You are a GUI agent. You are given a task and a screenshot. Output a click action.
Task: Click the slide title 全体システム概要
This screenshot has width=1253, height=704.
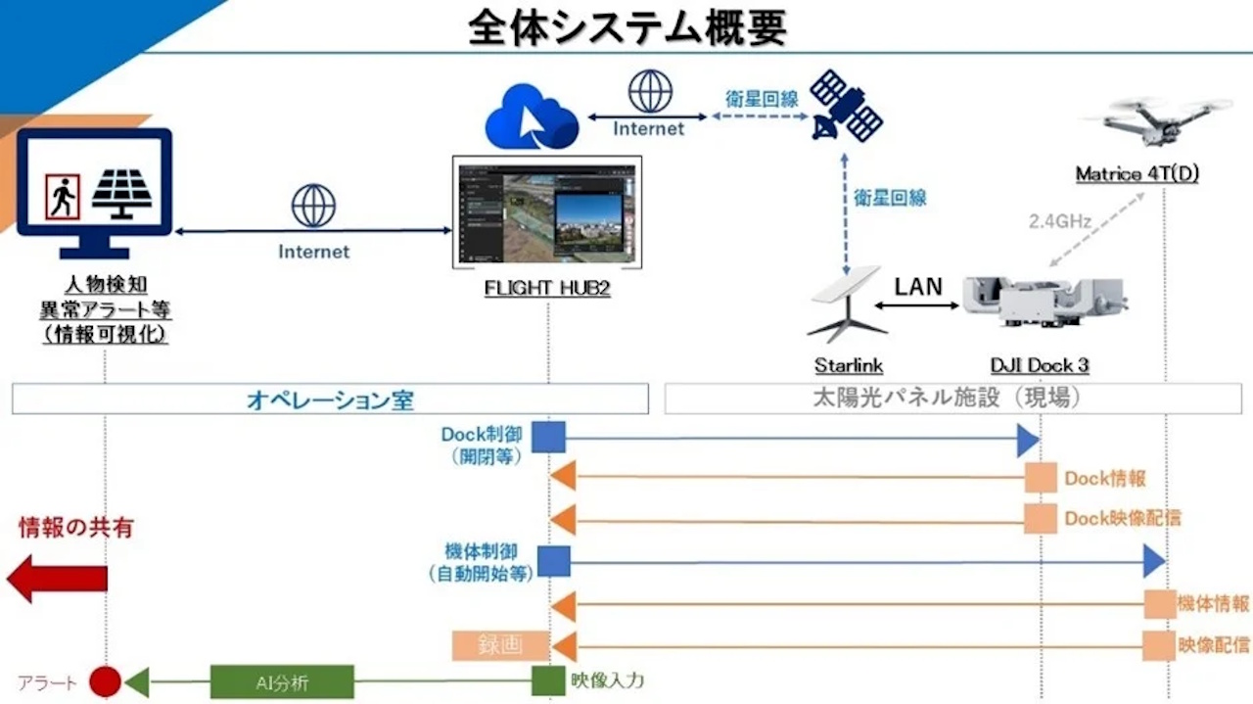[x=626, y=28]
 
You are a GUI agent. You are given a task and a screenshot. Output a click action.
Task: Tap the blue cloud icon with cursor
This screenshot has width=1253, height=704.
[x=532, y=116]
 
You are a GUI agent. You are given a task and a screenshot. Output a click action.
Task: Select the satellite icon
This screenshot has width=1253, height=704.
[x=846, y=106]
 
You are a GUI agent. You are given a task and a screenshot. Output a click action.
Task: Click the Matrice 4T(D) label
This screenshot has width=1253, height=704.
[x=1137, y=174]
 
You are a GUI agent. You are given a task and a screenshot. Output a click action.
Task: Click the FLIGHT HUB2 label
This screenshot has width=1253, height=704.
[x=547, y=290]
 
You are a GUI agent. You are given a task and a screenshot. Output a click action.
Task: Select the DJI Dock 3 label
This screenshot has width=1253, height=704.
[x=1039, y=365]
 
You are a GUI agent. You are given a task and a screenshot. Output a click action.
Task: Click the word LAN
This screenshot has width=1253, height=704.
[x=917, y=286]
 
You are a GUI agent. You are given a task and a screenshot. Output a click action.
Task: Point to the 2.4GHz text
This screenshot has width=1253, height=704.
[x=1059, y=221]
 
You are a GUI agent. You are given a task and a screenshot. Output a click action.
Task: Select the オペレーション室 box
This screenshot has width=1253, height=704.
[x=330, y=399]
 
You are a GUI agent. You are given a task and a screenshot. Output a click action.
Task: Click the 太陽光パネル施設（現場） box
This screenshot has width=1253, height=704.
[x=953, y=399]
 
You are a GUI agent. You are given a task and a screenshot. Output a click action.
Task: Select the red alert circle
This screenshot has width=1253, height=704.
[x=105, y=681]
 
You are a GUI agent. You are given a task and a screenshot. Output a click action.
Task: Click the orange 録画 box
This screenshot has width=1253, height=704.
[x=500, y=646]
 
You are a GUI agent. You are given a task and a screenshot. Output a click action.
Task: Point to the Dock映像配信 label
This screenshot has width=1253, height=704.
[x=1122, y=519]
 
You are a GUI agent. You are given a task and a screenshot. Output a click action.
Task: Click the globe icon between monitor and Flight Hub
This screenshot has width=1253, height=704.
[x=313, y=207]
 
